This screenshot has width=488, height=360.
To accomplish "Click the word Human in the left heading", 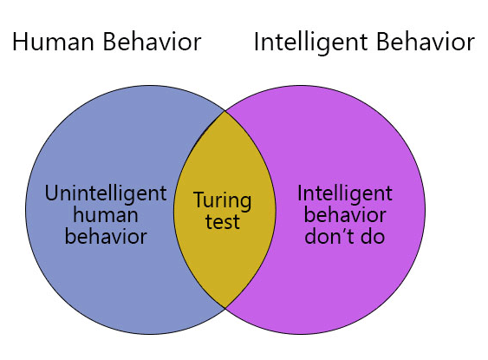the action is pos(53,42).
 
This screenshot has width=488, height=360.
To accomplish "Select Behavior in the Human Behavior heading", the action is pos(153,41).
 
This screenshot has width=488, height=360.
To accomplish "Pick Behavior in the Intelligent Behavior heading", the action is pos(426,41).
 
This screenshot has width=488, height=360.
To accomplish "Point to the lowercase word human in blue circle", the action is pos(106,215).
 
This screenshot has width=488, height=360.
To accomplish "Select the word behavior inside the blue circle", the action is pos(106,236).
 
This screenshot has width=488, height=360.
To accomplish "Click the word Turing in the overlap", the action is pos(222,202).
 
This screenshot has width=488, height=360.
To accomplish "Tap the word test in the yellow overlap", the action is pos(223,221).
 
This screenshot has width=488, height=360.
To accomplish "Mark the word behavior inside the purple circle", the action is pos(345,215).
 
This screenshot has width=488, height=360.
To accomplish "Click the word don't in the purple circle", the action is pos(330,236).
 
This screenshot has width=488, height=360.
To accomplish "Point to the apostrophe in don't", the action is pos(344,231).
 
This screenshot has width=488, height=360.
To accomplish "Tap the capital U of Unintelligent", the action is pos(51,193).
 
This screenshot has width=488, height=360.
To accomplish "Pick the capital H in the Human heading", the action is pos(19,42).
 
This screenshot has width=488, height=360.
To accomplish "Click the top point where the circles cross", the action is pos(225,111).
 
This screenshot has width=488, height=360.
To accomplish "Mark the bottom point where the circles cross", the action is pos(225,308).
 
